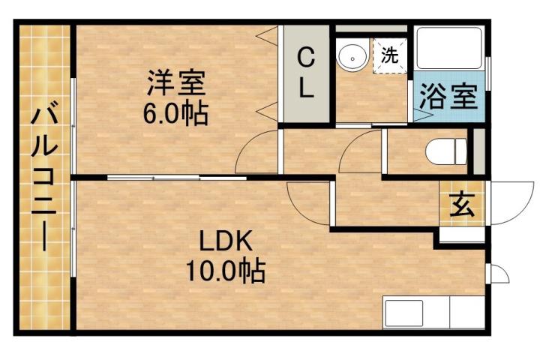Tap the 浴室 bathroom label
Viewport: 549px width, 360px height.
[448, 96]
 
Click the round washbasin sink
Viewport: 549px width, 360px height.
[351, 55]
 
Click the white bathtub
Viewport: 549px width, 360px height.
[448, 53]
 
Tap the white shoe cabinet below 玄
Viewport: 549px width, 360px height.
[461, 233]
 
